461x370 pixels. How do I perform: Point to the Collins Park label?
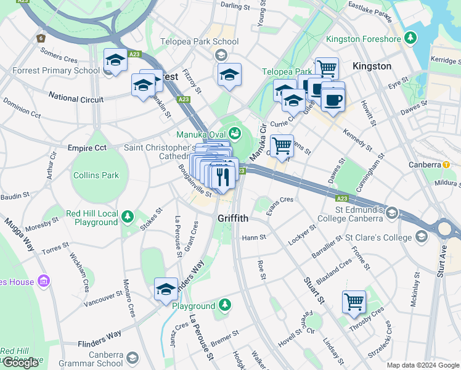point(96,175)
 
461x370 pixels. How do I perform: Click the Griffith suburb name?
point(232,218)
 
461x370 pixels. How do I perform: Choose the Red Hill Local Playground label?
point(92,218)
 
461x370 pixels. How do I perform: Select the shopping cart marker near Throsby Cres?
point(354,302)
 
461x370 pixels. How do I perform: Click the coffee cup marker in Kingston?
point(333,98)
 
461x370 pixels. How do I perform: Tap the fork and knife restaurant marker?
point(222,176)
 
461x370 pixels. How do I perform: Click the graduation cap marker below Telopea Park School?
point(229,75)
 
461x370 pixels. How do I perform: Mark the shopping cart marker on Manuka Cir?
point(282,146)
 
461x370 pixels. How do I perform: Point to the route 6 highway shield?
point(41,38)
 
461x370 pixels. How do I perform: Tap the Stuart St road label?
point(314,290)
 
